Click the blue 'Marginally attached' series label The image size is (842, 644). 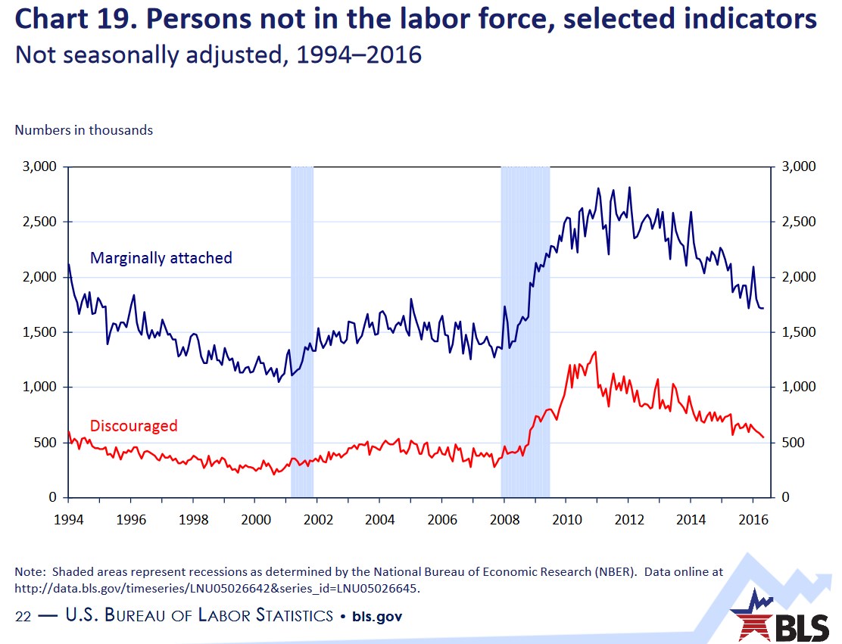point(161,258)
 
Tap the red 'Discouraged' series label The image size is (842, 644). point(134,425)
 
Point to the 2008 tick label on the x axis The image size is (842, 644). point(505,519)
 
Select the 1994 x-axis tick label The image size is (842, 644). point(69,519)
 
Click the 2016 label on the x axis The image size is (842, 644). point(753,519)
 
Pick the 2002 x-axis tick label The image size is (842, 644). point(318,519)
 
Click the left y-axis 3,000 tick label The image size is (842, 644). point(39,166)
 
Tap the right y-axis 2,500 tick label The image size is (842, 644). point(799,222)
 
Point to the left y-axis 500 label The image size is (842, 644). point(45,443)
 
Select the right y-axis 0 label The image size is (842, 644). point(786,497)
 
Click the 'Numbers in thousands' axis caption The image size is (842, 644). point(84,130)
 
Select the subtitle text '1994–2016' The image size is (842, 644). point(359,54)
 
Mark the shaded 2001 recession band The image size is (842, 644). point(302,331)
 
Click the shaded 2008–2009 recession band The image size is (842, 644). point(525,331)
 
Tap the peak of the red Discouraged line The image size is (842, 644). point(595,352)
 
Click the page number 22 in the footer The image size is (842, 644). point(23,616)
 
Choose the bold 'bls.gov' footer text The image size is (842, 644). point(377,617)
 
